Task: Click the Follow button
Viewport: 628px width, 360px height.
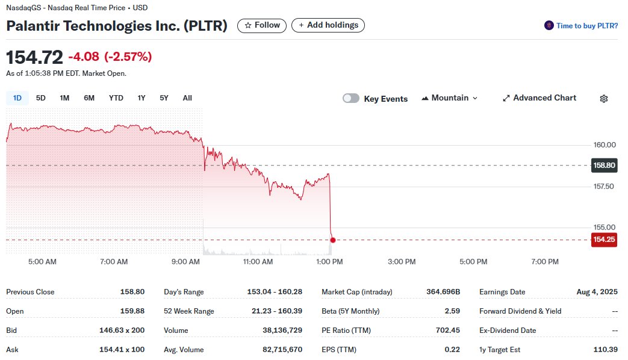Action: pos(262,25)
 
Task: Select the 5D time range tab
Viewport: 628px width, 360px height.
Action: pos(41,98)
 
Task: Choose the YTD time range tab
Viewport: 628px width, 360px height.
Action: pos(116,98)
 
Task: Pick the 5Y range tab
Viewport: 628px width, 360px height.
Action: pos(164,98)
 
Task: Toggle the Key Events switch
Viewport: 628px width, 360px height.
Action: pos(351,99)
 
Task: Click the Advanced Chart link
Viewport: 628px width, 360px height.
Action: pos(539,98)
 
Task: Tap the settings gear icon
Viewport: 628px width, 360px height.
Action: pos(604,99)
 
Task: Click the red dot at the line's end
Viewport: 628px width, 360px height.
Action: pos(333,240)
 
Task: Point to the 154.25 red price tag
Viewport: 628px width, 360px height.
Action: pos(604,240)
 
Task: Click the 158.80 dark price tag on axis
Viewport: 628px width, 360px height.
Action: pos(604,165)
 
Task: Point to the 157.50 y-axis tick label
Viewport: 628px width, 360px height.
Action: pos(604,187)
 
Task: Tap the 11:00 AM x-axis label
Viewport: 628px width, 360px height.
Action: pos(258,262)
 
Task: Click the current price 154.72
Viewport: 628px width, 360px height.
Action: pos(34,58)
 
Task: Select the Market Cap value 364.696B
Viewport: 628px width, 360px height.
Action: pos(443,292)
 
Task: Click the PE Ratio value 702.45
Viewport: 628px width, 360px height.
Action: pos(447,331)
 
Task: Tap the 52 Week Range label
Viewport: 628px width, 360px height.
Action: pos(189,311)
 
